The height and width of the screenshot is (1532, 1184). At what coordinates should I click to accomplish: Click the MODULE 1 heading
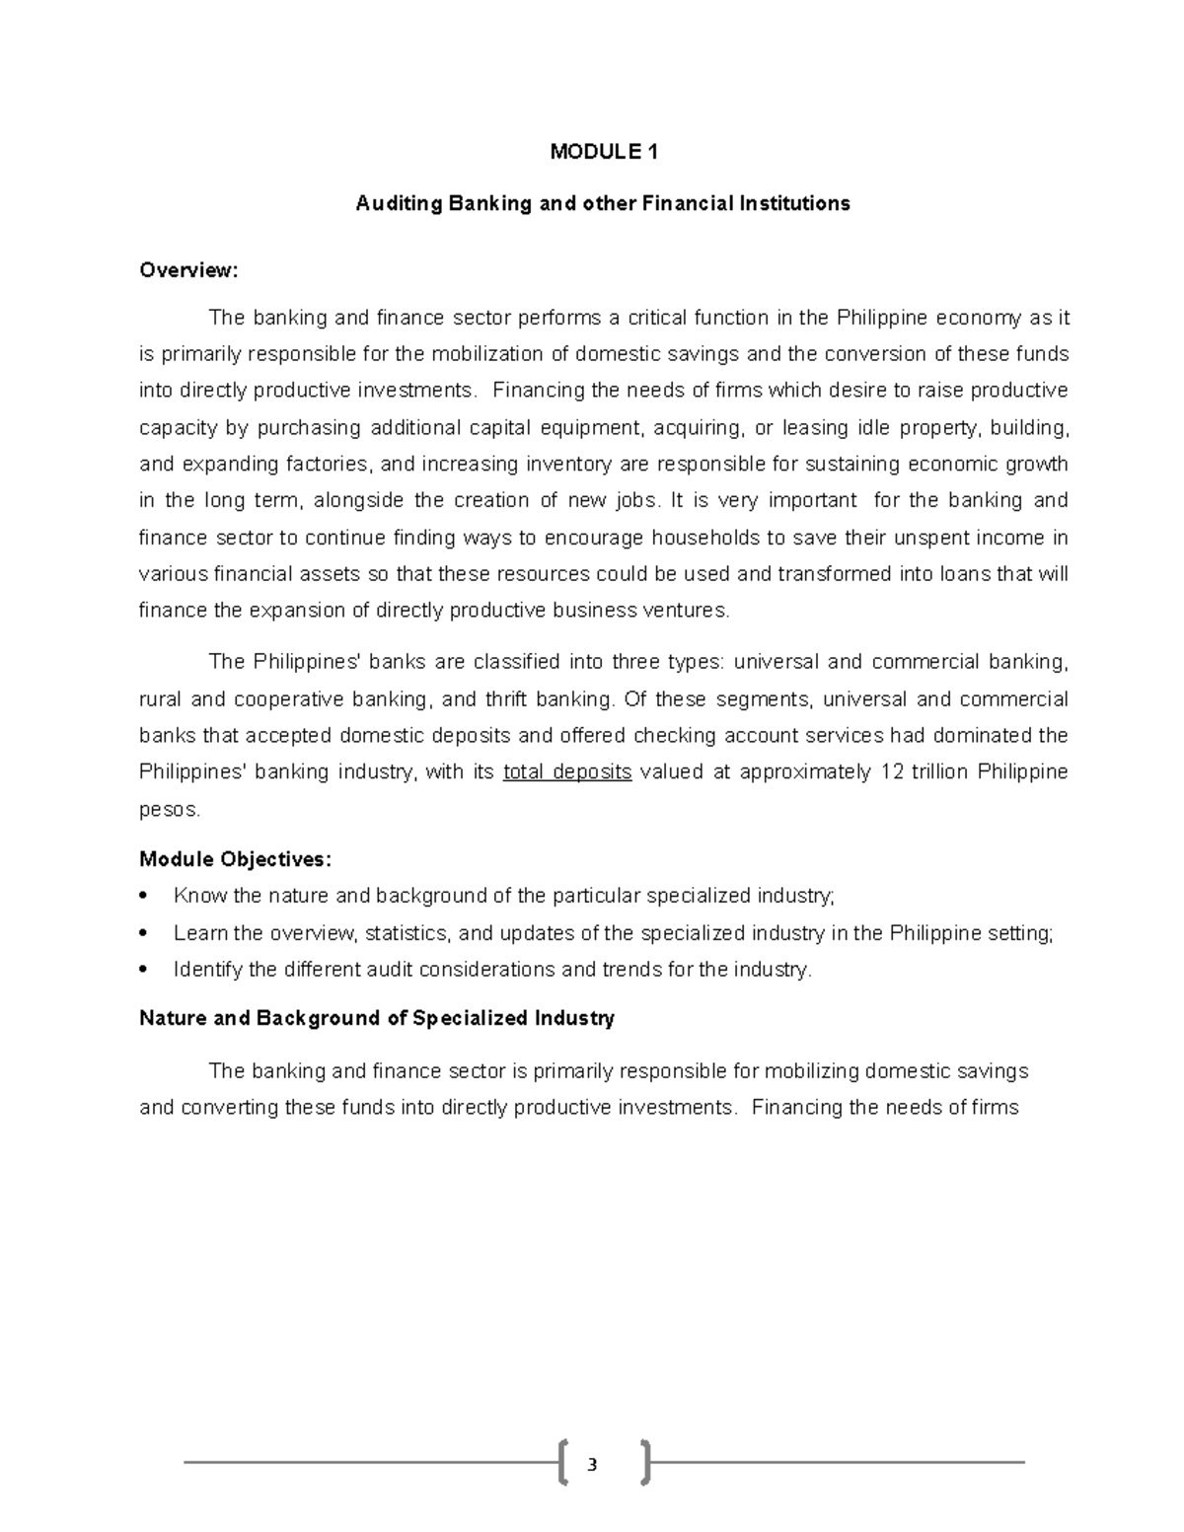[603, 152]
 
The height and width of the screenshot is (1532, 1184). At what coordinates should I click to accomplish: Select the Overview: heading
[188, 270]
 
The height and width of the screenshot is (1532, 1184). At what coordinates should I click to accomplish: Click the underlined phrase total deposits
[566, 772]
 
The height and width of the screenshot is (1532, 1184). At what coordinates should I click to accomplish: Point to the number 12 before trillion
[891, 772]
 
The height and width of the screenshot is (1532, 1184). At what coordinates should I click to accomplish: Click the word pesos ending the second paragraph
[169, 810]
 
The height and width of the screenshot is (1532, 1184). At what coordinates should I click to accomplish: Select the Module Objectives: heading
[236, 859]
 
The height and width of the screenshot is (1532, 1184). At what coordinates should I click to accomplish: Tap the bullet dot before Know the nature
[145, 897]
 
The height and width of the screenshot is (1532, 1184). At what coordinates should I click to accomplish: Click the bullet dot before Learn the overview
[145, 933]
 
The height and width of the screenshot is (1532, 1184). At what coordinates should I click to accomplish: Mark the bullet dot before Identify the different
[145, 970]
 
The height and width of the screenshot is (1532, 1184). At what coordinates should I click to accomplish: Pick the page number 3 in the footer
[592, 1465]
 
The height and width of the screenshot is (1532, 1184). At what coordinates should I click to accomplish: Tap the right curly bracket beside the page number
[645, 1462]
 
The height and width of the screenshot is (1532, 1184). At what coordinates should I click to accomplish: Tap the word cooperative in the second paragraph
[292, 699]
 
